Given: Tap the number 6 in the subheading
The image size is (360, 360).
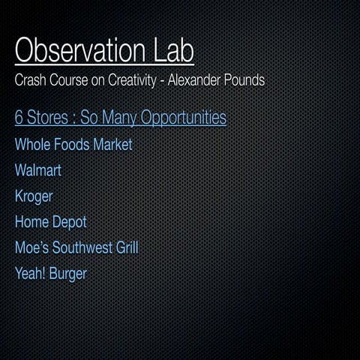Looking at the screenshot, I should [x=19, y=118].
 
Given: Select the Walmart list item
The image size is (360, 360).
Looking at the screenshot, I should [x=38, y=170].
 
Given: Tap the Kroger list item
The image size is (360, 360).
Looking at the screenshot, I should [x=34, y=196].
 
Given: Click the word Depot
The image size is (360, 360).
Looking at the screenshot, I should [x=69, y=223].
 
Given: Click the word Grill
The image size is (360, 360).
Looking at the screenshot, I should [x=126, y=247].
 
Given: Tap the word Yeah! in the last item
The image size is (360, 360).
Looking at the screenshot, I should [x=31, y=274].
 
